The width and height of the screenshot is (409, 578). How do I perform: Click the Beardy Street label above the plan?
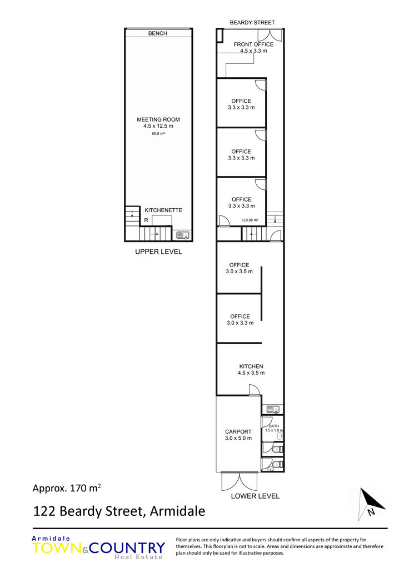coord(252,22)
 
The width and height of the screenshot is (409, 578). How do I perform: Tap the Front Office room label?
coord(253,47)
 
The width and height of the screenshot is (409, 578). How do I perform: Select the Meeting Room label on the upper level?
coord(158,123)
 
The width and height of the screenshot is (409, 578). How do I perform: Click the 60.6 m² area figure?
coord(158,133)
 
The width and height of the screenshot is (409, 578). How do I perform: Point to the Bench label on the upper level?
coord(157,33)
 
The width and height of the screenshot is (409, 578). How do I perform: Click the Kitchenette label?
coord(163,210)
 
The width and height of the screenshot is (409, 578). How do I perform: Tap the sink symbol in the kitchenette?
coord(183,235)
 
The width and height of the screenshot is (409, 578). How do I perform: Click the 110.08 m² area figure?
coord(250,220)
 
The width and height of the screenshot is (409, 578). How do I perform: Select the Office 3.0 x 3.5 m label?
coord(240,268)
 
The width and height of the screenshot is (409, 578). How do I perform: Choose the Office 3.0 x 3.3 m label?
coord(240,320)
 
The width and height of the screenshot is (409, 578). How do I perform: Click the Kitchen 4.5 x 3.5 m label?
coord(251,369)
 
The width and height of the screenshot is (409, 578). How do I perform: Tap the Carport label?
coord(238,435)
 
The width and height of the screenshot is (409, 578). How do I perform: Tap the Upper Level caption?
coord(158,252)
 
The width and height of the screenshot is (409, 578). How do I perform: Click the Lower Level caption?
coord(255,496)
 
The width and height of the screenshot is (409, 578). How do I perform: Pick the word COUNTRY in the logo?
coord(127,548)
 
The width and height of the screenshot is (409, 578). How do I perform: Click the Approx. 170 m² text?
coord(67,488)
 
